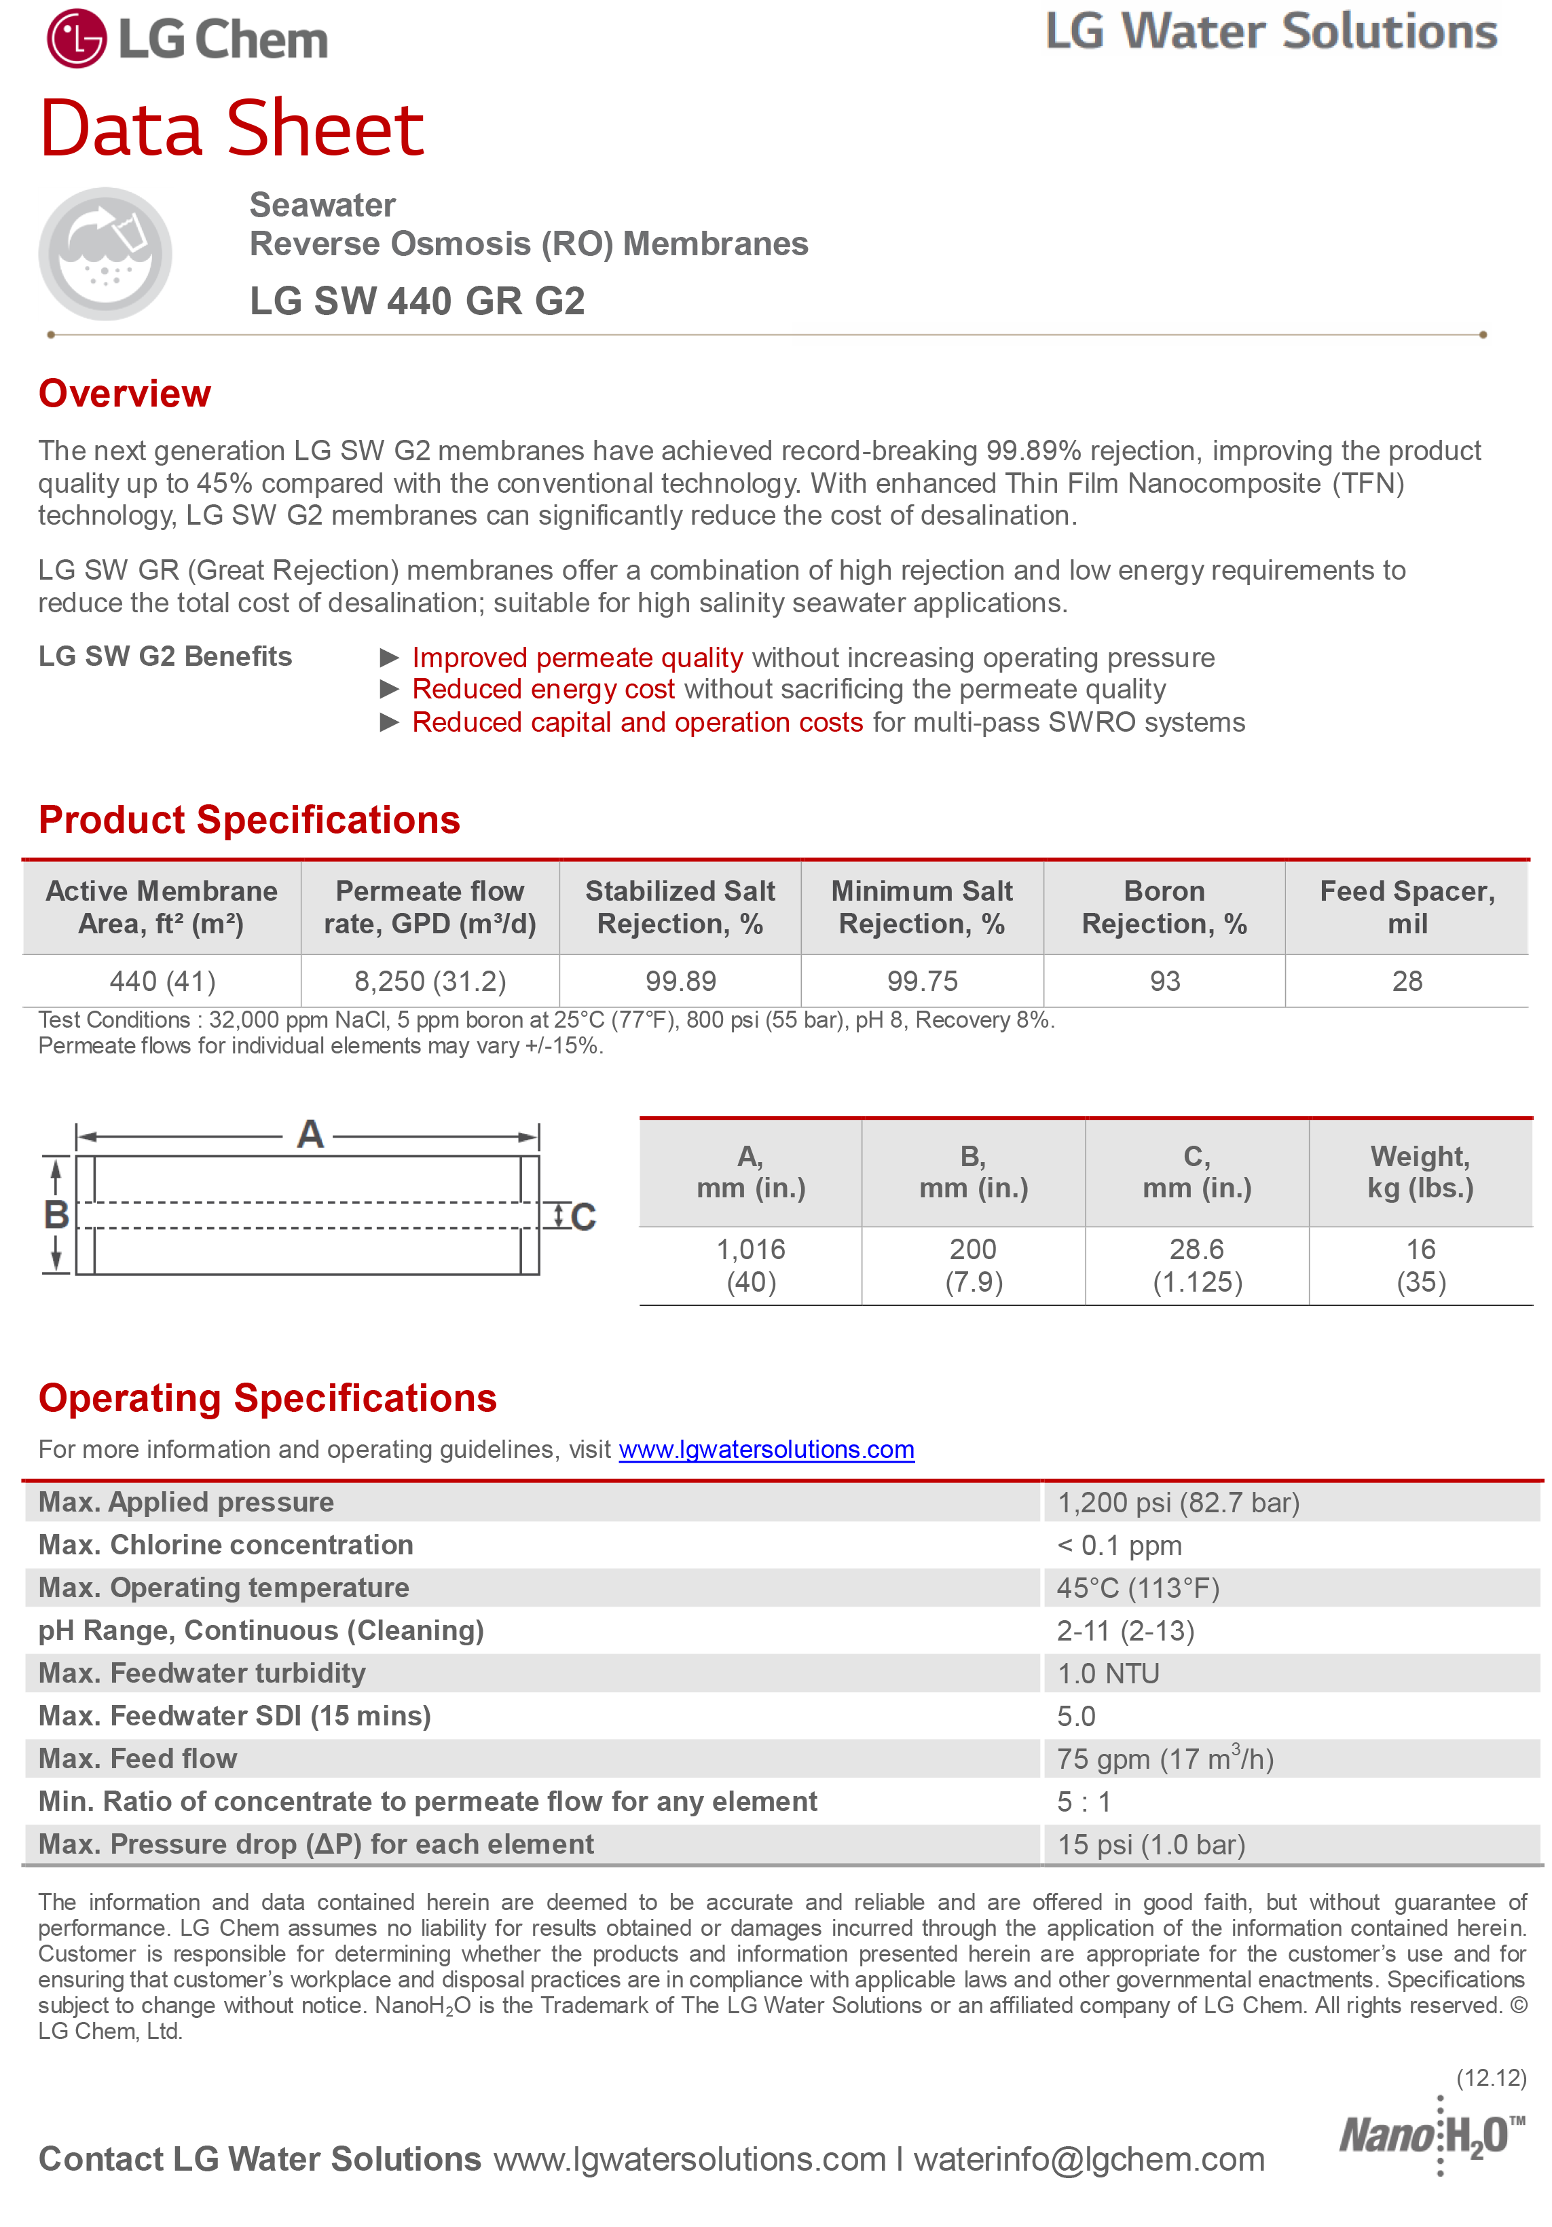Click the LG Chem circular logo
(x=77, y=39)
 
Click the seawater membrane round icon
(x=106, y=254)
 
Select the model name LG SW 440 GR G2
(x=416, y=301)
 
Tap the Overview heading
(x=124, y=394)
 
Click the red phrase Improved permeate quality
(x=577, y=658)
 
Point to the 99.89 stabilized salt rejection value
(x=680, y=981)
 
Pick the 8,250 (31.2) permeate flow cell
(x=430, y=981)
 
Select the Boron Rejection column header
(x=1164, y=907)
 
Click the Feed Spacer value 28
(x=1407, y=981)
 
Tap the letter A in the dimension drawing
(x=310, y=1134)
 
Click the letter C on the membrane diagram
(x=583, y=1217)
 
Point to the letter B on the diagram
(x=56, y=1214)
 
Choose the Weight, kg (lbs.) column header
(x=1420, y=1172)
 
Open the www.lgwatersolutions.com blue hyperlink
(x=766, y=1450)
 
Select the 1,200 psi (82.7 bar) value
(x=1178, y=1503)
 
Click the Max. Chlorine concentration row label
(x=226, y=1545)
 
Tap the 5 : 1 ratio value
(x=1084, y=1801)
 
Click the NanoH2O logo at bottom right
(x=1430, y=2135)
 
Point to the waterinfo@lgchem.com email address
(x=1088, y=2159)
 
